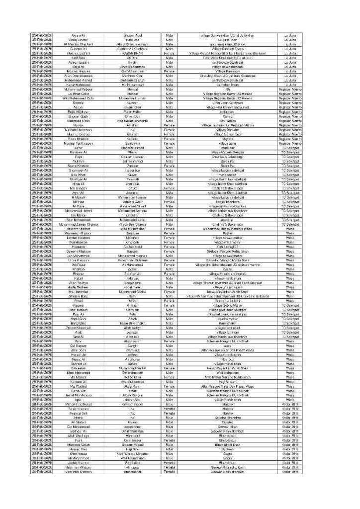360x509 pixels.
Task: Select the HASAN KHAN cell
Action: [x=133, y=53]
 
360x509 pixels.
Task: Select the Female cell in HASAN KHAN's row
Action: [x=169, y=53]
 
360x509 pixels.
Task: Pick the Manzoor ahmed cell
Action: [x=133, y=147]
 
